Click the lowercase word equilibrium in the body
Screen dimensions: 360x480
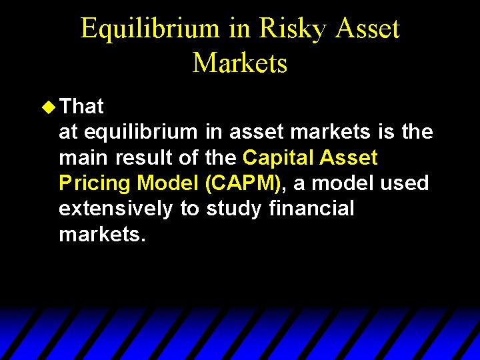[141, 132]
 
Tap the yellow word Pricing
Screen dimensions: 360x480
[95, 183]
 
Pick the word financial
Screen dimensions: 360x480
[311, 209]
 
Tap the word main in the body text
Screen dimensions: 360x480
[84, 158]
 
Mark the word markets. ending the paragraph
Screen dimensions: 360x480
[102, 234]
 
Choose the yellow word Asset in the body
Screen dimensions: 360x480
[349, 158]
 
